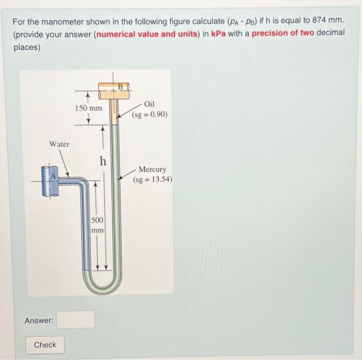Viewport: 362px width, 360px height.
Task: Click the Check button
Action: [45, 345]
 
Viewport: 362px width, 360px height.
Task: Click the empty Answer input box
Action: [76, 320]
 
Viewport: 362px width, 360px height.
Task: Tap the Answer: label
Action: [39, 321]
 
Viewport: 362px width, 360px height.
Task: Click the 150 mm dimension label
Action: [88, 108]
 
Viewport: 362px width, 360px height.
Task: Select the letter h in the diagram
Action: [103, 161]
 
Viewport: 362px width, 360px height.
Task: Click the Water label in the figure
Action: [59, 144]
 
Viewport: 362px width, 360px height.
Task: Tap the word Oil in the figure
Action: [149, 104]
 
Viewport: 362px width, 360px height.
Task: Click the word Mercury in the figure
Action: [152, 169]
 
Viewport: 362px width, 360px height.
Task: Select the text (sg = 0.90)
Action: [149, 114]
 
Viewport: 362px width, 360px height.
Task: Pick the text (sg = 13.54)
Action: [152, 180]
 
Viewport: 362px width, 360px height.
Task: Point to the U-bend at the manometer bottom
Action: [102, 284]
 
